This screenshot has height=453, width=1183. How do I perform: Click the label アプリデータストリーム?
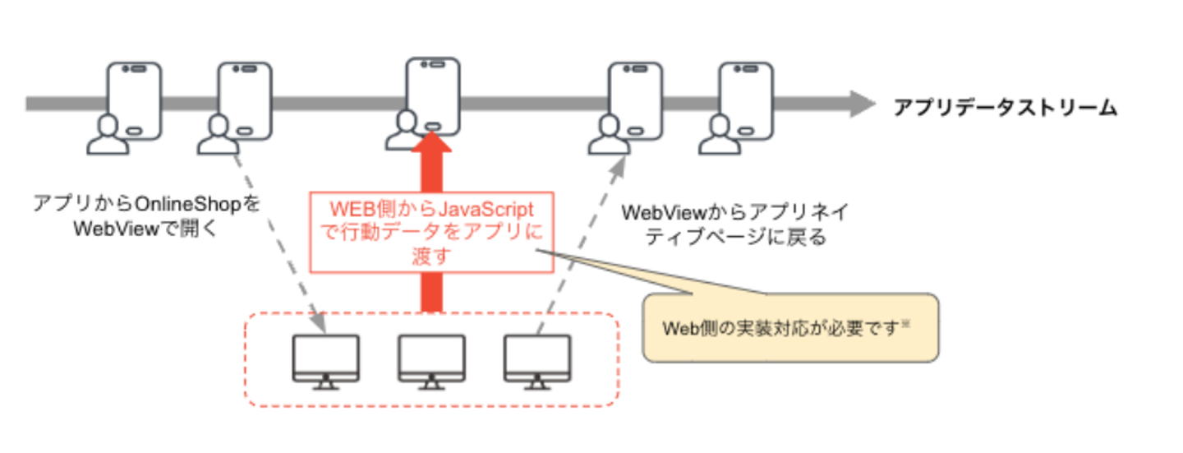pyautogui.click(x=1006, y=108)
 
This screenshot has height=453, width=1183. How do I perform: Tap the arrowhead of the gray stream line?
pyautogui.click(x=862, y=104)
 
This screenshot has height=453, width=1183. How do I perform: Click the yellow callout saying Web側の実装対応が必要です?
pyautogui.click(x=789, y=328)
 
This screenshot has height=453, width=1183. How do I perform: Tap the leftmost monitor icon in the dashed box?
pyautogui.click(x=325, y=360)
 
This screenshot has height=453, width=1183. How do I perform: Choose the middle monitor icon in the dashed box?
pyautogui.click(x=431, y=360)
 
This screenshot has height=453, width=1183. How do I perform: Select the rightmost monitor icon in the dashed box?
pyautogui.click(x=536, y=360)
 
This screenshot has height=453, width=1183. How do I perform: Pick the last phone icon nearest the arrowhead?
pyautogui.click(x=746, y=99)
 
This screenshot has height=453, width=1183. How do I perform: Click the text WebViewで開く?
pyautogui.click(x=146, y=229)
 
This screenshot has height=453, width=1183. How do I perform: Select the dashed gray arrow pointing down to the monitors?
pyautogui.click(x=278, y=243)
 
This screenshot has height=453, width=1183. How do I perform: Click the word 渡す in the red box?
pyautogui.click(x=430, y=256)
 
